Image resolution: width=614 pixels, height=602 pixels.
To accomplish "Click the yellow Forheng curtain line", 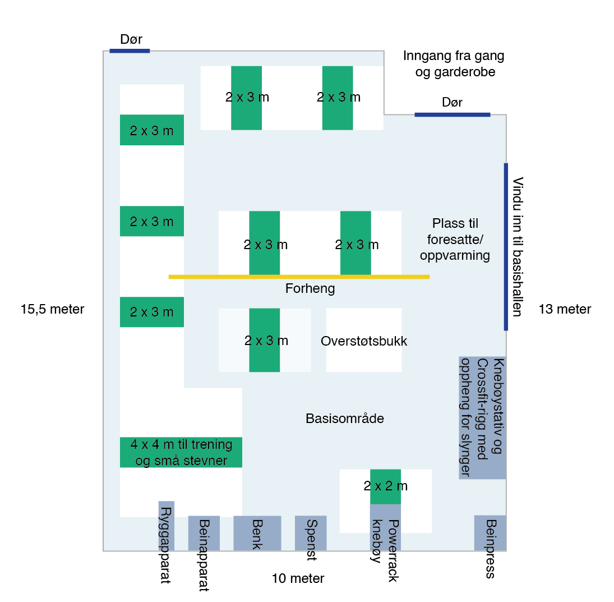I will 299,277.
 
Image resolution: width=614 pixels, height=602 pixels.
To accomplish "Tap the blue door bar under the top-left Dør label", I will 130,51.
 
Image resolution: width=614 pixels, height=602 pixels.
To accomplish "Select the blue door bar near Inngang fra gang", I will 452,114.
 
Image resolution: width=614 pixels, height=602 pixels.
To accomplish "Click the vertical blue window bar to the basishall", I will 506,247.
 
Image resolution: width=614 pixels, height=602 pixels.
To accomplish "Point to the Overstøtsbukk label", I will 364,341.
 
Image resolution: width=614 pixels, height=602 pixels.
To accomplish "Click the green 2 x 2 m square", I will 385,486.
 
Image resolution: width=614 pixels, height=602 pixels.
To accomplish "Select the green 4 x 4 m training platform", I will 181,452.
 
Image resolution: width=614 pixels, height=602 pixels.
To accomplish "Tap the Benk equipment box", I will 257,533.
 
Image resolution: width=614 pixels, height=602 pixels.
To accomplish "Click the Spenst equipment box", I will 311,533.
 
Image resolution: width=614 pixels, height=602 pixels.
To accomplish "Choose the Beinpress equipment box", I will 490,533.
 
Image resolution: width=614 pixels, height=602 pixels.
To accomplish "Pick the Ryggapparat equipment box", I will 167,526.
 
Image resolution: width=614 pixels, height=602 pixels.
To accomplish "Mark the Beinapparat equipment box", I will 204,533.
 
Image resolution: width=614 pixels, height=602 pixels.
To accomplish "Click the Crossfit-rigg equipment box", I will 482,417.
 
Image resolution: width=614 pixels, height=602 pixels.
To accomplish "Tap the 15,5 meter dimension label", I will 53,309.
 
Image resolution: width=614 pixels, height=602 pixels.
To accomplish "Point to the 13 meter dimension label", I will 565,309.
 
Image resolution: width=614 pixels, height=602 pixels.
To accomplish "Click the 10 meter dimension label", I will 298,578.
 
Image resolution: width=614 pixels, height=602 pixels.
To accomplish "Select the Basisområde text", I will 345,419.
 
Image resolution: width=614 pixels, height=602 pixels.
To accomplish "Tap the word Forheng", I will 310,289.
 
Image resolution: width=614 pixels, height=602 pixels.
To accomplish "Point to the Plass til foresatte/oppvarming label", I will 455,240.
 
